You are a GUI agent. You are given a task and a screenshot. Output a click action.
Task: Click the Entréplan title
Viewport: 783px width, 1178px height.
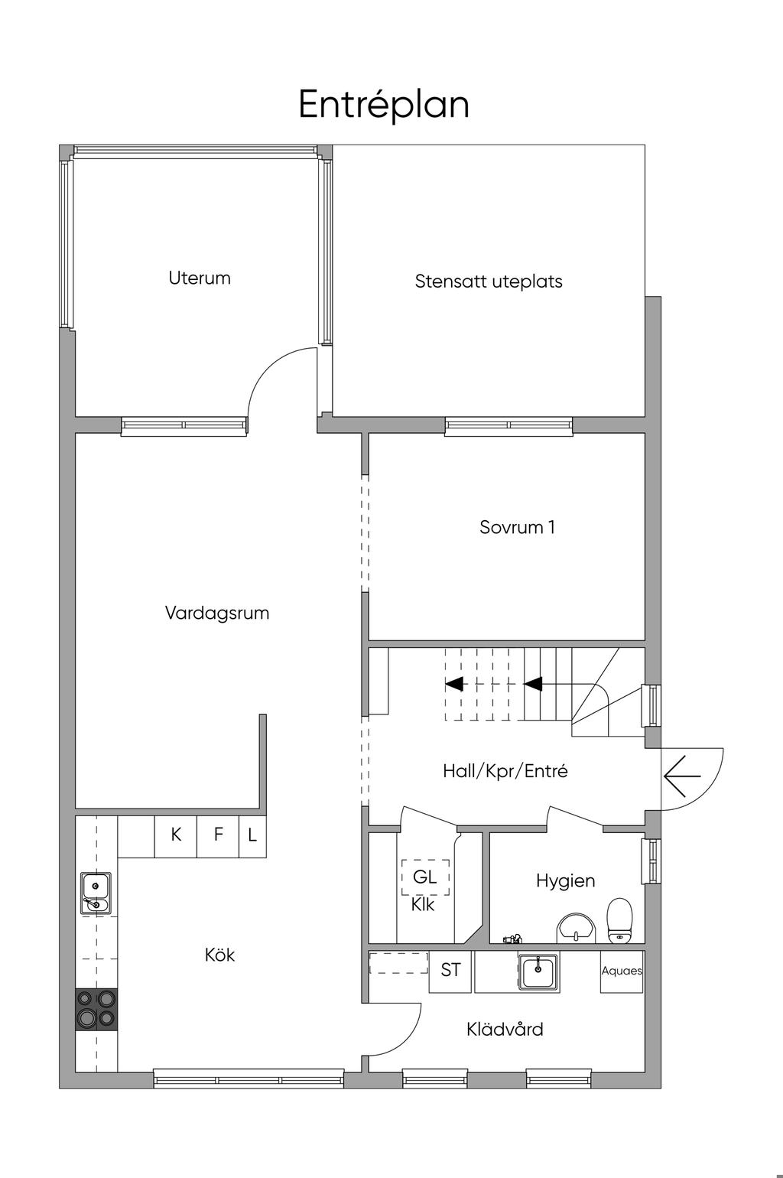(x=384, y=106)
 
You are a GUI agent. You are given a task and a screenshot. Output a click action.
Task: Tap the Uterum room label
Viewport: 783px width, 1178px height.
(x=200, y=278)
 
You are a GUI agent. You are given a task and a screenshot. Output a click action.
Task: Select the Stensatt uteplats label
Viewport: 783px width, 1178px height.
(x=489, y=281)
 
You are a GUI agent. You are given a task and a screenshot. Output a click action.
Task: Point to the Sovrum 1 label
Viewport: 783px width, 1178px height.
(x=517, y=527)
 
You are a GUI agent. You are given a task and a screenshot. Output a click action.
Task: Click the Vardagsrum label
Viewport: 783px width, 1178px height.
(x=217, y=613)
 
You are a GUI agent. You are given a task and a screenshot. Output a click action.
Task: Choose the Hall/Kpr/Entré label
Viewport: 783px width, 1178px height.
(x=505, y=771)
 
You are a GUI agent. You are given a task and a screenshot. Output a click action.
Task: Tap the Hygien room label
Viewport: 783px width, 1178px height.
(x=565, y=881)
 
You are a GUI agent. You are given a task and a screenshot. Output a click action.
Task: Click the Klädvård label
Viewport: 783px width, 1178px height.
(x=505, y=1029)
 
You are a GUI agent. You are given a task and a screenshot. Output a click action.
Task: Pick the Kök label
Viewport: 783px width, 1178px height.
(x=219, y=955)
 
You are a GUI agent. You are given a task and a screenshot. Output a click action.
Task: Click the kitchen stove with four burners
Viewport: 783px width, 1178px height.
(x=97, y=1009)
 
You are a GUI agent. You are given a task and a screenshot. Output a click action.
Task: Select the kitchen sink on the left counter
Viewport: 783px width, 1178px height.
(x=96, y=893)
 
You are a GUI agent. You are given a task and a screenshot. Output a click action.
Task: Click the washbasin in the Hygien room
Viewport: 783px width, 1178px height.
(x=577, y=929)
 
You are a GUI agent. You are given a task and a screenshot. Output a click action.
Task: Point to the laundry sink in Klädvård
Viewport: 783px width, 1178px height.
(x=538, y=971)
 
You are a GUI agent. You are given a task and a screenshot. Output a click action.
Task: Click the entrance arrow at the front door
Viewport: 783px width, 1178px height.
(x=682, y=776)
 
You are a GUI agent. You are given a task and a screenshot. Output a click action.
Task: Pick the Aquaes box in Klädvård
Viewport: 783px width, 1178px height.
(x=622, y=971)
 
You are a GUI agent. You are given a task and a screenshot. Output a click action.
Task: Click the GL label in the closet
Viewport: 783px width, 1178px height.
(x=425, y=877)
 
